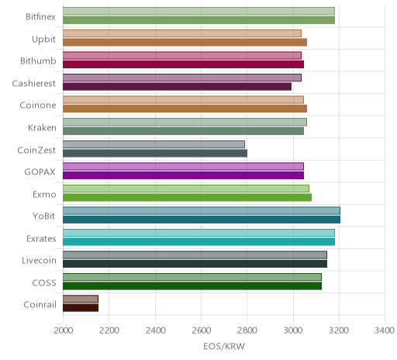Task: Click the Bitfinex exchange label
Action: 40,17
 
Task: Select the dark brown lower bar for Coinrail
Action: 81,308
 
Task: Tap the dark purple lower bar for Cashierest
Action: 177,87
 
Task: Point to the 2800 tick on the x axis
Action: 247,331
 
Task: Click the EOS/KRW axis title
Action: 224,347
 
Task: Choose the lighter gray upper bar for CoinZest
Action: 154,144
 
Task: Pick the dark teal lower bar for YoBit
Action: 202,220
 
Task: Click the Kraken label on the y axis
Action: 42,128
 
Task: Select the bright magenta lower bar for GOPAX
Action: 183,175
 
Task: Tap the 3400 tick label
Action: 385,331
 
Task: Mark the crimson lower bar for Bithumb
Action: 183,64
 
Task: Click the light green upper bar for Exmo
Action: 186,189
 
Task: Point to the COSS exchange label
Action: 44,283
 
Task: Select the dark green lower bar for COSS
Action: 192,286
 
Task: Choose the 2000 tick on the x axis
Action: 64,331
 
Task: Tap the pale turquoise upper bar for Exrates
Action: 198,233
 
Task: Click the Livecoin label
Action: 39,261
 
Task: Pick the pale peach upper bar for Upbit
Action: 182,33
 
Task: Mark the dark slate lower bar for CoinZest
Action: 155,154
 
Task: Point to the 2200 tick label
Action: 109,331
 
